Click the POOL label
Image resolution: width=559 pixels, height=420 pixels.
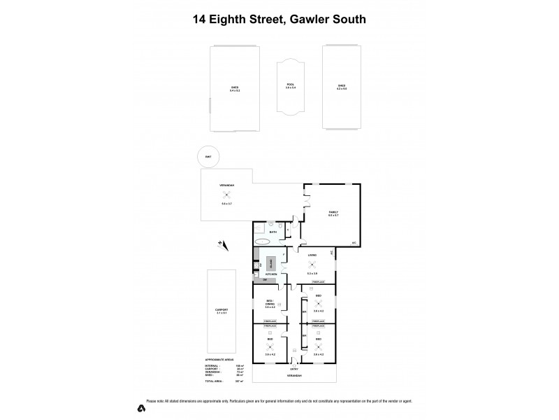(x=291, y=85)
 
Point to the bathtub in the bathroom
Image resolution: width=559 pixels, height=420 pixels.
(x=262, y=241)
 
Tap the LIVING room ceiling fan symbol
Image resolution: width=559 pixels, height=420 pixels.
(x=312, y=265)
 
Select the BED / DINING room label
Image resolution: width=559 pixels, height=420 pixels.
(x=269, y=303)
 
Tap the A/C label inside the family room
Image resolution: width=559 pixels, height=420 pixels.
(x=354, y=243)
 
